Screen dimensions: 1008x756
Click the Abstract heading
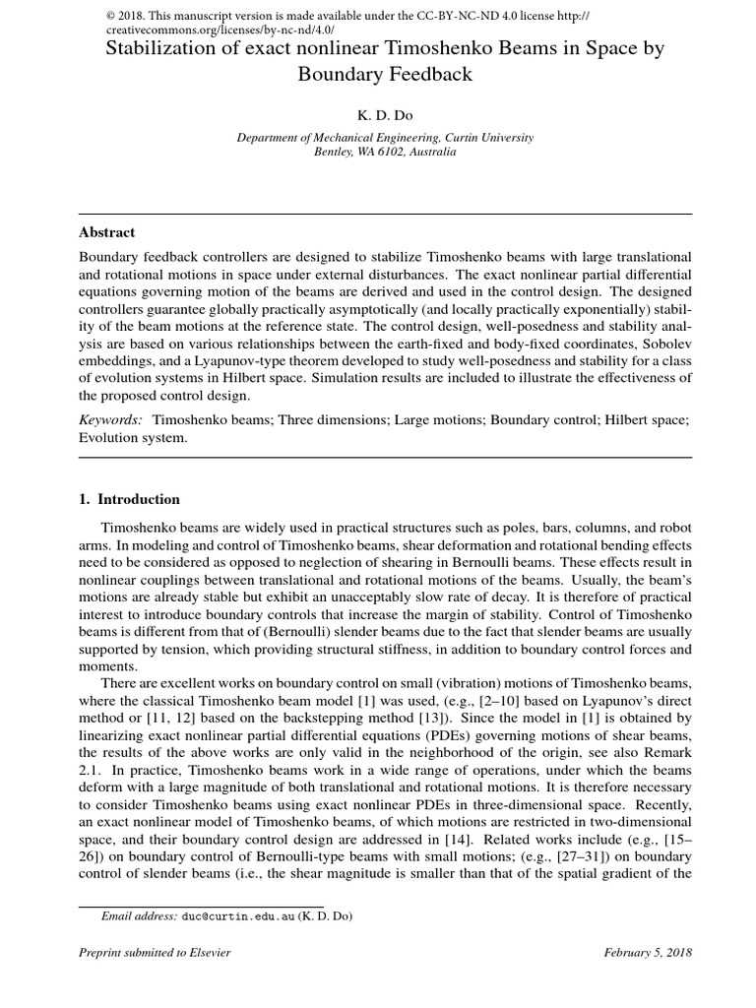[x=106, y=233]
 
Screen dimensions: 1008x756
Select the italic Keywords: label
[x=110, y=419]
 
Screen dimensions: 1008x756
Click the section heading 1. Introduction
[x=129, y=499]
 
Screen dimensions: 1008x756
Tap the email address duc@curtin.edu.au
[x=235, y=916]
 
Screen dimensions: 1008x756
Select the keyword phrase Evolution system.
[x=132, y=438]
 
